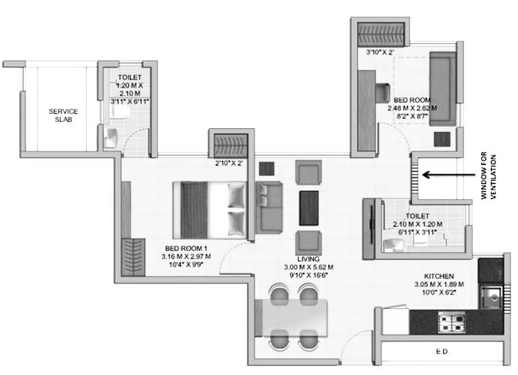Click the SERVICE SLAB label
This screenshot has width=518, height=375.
coord(63,115)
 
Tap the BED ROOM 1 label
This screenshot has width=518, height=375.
coord(186,248)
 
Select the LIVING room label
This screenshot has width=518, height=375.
coord(308,259)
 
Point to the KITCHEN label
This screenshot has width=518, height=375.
coord(439,276)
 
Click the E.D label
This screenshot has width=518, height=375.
coord(442,352)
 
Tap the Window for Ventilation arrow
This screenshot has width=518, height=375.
coord(448,175)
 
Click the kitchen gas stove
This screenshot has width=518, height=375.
coord(452,322)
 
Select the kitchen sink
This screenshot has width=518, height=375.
coord(491,297)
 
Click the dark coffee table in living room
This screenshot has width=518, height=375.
coord(309,208)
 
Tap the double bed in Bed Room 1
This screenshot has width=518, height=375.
coord(210,210)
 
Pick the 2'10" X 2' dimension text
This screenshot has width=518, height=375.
coord(229,162)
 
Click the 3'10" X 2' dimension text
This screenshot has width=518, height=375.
coord(379,52)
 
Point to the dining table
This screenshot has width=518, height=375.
coord(291,318)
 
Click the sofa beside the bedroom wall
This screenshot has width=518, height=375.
coord(270,208)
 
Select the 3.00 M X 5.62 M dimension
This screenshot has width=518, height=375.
coord(308,267)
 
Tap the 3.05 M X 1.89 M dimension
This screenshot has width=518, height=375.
coord(439,284)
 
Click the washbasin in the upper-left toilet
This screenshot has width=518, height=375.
coord(111,138)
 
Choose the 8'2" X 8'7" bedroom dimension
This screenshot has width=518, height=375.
coord(412,116)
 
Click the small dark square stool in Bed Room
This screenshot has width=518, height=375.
coord(442,139)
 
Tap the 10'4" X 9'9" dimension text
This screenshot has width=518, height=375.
coord(186,264)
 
